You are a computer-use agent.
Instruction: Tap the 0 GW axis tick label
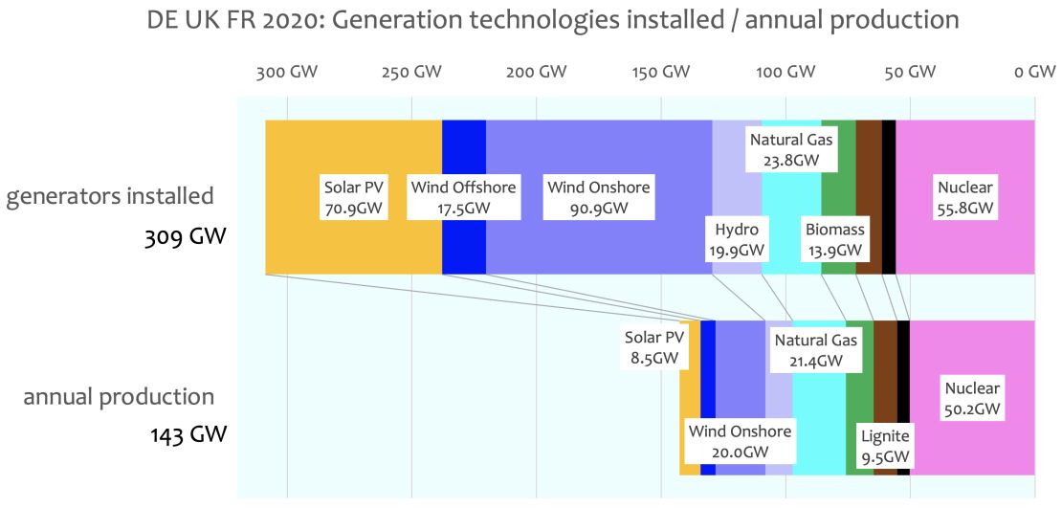tap(1034, 72)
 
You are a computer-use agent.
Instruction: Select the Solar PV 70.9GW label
tap(353, 197)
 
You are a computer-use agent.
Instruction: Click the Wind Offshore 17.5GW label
tap(463, 197)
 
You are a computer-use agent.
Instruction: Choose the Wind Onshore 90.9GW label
tap(598, 197)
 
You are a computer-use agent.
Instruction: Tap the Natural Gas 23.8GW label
tap(791, 150)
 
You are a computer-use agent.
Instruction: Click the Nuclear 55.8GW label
tap(965, 197)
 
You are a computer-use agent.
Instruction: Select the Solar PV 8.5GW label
tap(654, 347)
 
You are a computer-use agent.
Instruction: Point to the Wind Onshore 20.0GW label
tap(740, 441)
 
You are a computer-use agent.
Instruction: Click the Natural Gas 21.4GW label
tap(816, 350)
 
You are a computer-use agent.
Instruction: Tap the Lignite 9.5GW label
tap(884, 447)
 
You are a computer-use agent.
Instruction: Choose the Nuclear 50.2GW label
tap(972, 398)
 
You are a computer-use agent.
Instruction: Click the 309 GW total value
tap(187, 234)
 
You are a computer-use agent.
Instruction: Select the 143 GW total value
tap(188, 434)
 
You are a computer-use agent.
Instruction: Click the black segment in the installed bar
tap(889, 197)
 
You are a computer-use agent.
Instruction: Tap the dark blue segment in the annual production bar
tap(708, 398)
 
